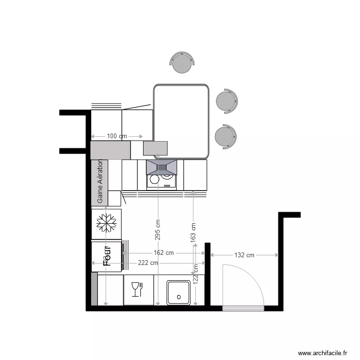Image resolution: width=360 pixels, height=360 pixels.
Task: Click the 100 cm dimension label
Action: (117, 136)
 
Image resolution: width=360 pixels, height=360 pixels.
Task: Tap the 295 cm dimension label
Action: (158, 230)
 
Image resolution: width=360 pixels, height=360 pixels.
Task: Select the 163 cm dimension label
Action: (193, 232)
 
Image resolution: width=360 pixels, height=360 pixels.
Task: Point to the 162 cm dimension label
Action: (164, 253)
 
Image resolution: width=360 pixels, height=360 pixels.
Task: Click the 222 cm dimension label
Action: (148, 263)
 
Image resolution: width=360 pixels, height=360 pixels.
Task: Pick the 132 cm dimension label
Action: (244, 255)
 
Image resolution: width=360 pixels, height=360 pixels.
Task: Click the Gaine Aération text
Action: (100, 182)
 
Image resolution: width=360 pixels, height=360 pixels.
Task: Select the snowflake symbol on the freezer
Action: (107, 223)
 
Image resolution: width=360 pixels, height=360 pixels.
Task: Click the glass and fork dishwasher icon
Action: (137, 289)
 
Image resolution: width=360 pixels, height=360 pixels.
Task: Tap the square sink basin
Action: (179, 293)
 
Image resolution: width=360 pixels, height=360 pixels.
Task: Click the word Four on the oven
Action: (107, 256)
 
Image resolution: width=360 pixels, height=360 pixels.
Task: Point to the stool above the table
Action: (182, 62)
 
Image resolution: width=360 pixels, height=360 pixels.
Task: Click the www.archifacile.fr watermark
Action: (322, 353)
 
